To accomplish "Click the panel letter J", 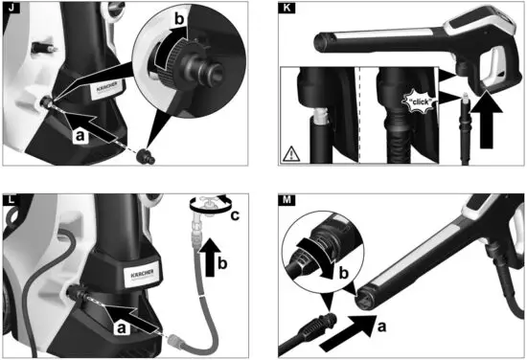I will [11, 11].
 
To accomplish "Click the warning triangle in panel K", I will [290, 151].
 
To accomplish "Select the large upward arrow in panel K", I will [488, 120].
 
